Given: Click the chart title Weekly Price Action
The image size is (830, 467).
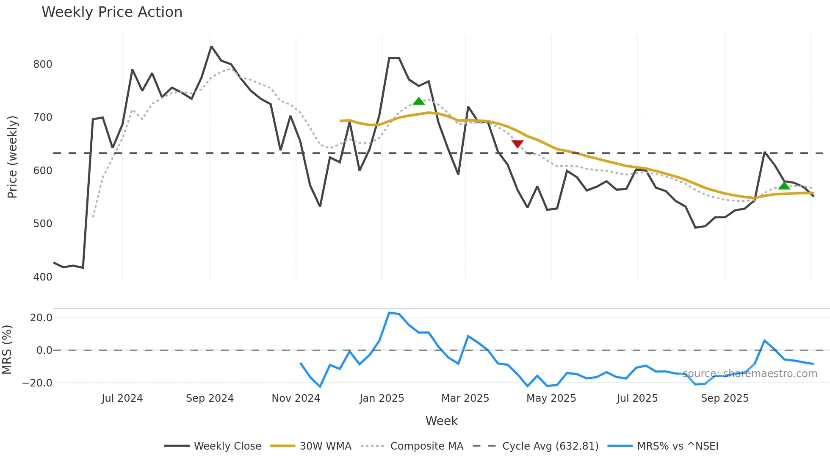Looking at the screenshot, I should (112, 12).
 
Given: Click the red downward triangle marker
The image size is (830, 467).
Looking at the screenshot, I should (517, 144).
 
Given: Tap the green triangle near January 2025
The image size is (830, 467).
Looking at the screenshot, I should (419, 101).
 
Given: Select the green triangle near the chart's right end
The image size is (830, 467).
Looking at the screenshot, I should (784, 186).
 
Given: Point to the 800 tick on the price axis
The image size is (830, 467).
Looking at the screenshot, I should (43, 64).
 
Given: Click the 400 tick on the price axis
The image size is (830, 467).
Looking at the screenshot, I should (43, 277).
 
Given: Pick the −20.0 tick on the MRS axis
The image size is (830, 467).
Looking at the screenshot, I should (37, 383).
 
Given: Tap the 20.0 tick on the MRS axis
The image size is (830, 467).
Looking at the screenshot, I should (41, 318).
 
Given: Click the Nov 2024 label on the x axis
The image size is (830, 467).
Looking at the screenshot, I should (296, 398).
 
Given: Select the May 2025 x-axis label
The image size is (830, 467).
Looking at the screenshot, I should (551, 398).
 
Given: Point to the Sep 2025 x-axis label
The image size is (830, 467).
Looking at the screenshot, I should (725, 398).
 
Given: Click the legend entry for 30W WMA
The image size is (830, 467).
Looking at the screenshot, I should (325, 446).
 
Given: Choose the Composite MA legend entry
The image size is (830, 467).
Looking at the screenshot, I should (426, 446).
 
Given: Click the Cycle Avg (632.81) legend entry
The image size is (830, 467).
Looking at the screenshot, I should (550, 446).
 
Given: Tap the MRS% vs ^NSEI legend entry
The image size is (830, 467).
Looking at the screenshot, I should (678, 446).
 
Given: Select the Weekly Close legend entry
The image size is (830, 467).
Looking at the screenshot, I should (227, 446).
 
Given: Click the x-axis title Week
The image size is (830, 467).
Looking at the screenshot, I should (441, 421).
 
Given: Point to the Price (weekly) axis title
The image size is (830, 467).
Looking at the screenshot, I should (12, 157).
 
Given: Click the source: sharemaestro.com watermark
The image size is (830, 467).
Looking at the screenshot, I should (750, 374).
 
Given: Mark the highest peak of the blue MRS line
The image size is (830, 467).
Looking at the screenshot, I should (389, 313).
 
